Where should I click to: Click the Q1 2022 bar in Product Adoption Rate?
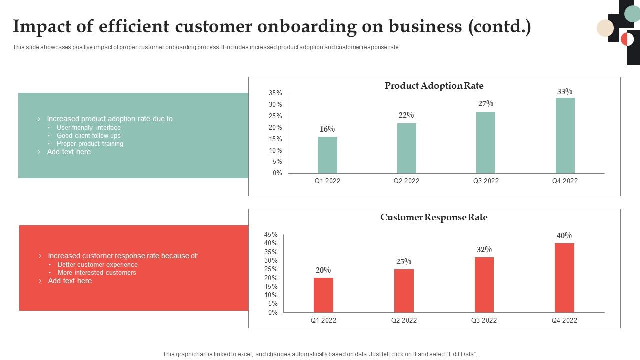[x=327, y=155]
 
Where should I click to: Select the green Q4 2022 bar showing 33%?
[x=565, y=136]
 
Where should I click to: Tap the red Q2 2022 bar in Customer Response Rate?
[x=404, y=291]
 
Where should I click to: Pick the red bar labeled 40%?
[x=564, y=278]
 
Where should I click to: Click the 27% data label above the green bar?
[x=486, y=104]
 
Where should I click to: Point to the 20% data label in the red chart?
[x=323, y=270]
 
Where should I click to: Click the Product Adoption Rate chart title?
[x=434, y=86]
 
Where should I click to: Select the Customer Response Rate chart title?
[x=434, y=217]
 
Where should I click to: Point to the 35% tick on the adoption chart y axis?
[x=275, y=93]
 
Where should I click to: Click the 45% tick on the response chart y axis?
[x=271, y=235]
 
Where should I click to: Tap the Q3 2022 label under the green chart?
[x=486, y=181]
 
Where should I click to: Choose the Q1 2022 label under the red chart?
[x=323, y=321]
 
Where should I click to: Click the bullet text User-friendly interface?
[x=89, y=128]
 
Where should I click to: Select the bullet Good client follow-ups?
[x=89, y=136]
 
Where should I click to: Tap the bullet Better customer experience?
[x=98, y=265]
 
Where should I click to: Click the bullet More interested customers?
[x=97, y=273]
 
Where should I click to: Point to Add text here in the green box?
[x=69, y=152]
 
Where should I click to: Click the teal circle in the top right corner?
[x=632, y=14]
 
